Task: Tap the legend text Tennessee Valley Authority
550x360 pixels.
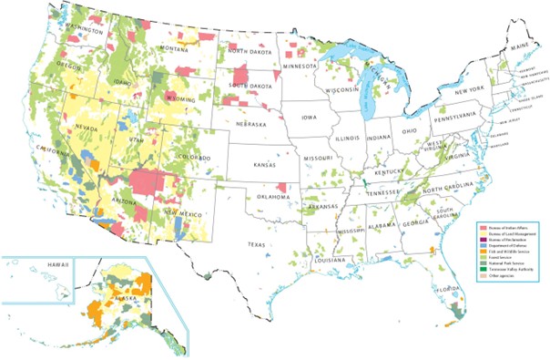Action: click(512, 268)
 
